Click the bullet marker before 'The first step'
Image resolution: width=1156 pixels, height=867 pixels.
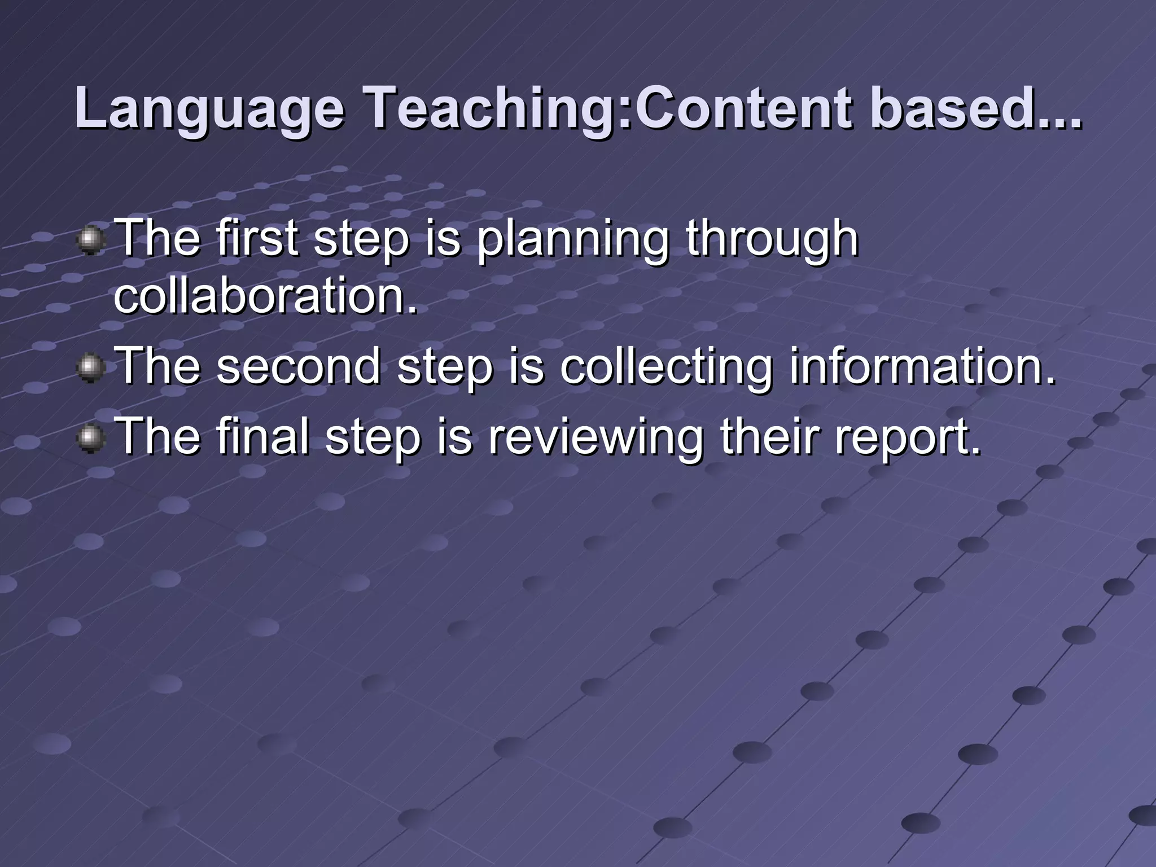(x=90, y=241)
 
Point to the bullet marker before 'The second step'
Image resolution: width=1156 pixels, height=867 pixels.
(x=90, y=369)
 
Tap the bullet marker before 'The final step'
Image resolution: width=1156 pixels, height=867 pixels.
(x=90, y=439)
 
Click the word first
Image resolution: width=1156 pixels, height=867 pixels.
(x=257, y=238)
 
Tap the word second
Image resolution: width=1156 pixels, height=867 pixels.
(x=298, y=366)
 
